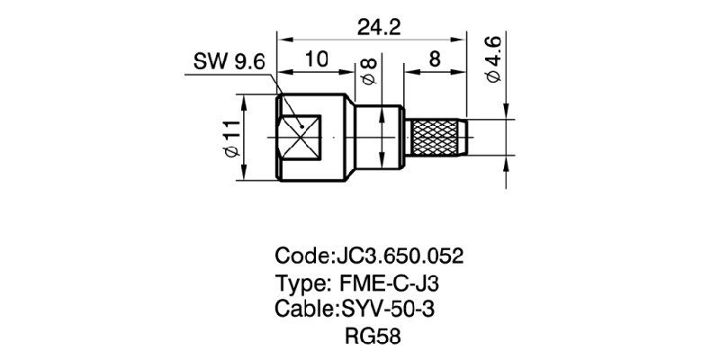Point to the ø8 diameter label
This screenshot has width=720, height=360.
click(x=368, y=71)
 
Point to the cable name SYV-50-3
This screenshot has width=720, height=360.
click(x=391, y=310)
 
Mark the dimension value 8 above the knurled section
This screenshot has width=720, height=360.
click(x=435, y=61)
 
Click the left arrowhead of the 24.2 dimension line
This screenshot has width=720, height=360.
click(x=283, y=39)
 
